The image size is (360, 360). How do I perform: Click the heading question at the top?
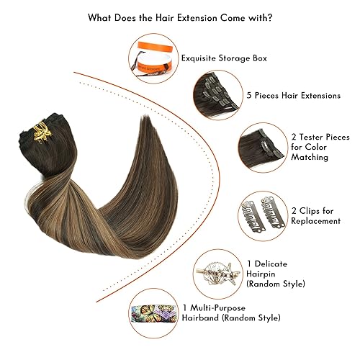[x=180, y=16]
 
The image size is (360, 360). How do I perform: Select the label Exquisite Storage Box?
[x=224, y=58]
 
